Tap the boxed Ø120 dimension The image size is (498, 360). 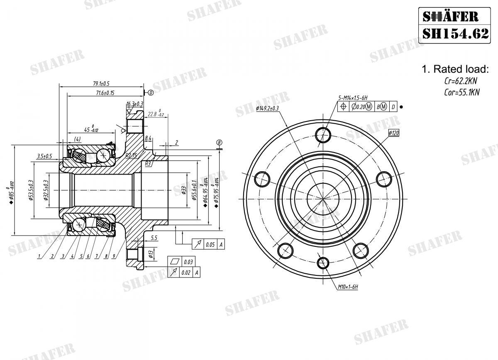(x=393, y=133)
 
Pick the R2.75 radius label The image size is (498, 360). (x=132, y=156)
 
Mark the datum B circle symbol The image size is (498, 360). (x=219, y=143)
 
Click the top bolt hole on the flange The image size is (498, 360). (x=323, y=134)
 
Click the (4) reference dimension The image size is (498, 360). (x=77, y=138)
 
